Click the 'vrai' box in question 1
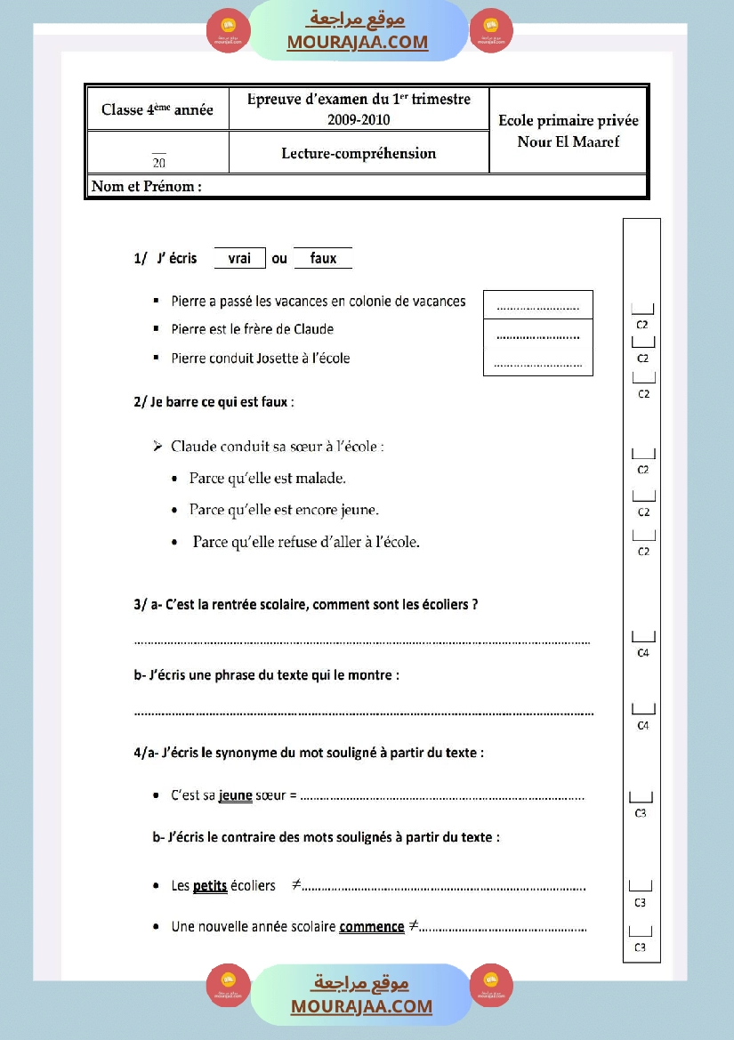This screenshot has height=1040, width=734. [240, 258]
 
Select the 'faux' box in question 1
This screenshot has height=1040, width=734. [323, 258]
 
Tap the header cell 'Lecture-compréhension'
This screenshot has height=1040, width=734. [359, 153]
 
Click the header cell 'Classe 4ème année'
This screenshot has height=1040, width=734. [157, 110]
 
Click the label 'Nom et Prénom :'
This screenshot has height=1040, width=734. [147, 187]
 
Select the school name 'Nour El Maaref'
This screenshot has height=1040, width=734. [568, 141]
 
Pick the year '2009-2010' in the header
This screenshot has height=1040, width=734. [359, 120]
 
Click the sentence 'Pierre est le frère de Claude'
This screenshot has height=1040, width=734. [253, 329]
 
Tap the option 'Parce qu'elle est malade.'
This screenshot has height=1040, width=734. [268, 479]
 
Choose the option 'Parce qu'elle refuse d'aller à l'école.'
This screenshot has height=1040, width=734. [305, 542]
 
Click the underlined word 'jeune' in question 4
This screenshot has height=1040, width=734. [236, 795]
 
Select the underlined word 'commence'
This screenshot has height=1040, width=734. [372, 927]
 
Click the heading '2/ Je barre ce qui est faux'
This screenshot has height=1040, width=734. [214, 402]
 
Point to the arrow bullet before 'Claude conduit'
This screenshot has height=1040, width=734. [157, 446]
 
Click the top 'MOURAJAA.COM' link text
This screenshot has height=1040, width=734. [358, 42]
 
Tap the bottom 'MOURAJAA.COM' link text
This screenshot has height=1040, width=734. [361, 1006]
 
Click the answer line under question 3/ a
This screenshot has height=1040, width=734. [362, 641]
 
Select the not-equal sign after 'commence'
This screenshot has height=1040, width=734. [413, 926]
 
